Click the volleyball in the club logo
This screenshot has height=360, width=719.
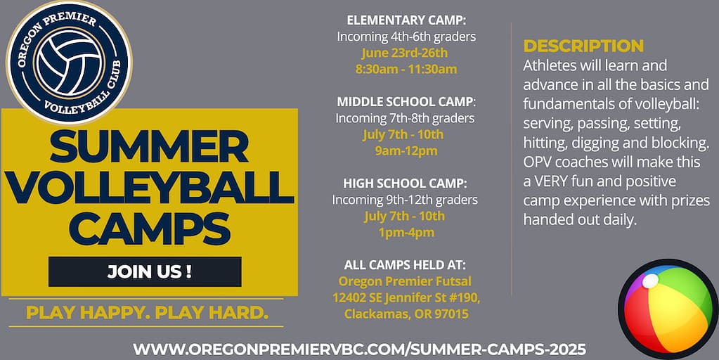[69, 63]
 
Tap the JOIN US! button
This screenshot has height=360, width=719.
[145, 271]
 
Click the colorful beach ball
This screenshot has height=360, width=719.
[668, 309]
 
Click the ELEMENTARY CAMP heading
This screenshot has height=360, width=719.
[406, 20]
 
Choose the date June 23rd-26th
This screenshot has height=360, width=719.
[404, 53]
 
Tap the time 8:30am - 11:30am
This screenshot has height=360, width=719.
[406, 69]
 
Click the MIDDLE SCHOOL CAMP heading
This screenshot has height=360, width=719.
[406, 101]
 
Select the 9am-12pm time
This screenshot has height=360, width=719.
[406, 151]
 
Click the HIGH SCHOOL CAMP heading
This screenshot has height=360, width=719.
[406, 184]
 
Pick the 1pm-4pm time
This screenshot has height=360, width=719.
[406, 233]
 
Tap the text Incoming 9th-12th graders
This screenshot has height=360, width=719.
[405, 200]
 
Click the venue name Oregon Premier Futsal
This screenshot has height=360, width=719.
[405, 281]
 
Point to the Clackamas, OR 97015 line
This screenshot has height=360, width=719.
[406, 314]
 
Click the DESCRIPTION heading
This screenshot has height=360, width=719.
[583, 46]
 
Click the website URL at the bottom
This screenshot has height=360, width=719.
[360, 349]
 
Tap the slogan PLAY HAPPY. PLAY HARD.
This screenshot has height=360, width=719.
[147, 312]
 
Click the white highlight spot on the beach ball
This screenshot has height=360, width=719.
[649, 281]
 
